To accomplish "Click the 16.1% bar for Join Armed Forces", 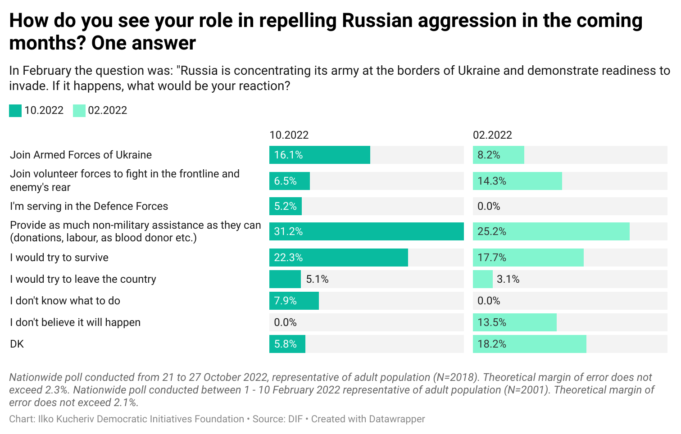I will pyautogui.click(x=319, y=155).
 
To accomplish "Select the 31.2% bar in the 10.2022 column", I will pyautogui.click(x=366, y=231).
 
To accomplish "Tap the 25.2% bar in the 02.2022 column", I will pyautogui.click(x=551, y=231).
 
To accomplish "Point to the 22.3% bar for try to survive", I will pyautogui.click(x=338, y=258).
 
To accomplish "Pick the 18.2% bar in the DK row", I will pyautogui.click(x=529, y=344).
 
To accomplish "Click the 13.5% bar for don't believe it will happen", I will pyautogui.click(x=514, y=322).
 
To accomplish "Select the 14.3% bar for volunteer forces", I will pyautogui.click(x=517, y=181).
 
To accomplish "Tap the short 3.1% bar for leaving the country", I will pyautogui.click(x=482, y=279).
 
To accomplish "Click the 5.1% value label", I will pyautogui.click(x=317, y=279).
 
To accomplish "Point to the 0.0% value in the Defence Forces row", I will pyautogui.click(x=489, y=206).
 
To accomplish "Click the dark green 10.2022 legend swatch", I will pyautogui.click(x=15, y=111).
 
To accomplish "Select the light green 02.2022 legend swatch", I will pyautogui.click(x=79, y=111).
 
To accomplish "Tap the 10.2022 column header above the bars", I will pyautogui.click(x=289, y=135).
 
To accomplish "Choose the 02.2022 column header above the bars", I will pyautogui.click(x=492, y=135).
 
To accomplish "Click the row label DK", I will pyautogui.click(x=17, y=344).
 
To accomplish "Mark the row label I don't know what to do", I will pyautogui.click(x=65, y=301).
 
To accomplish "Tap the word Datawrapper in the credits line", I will pyautogui.click(x=396, y=419).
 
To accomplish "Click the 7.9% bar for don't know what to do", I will pyautogui.click(x=294, y=301).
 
